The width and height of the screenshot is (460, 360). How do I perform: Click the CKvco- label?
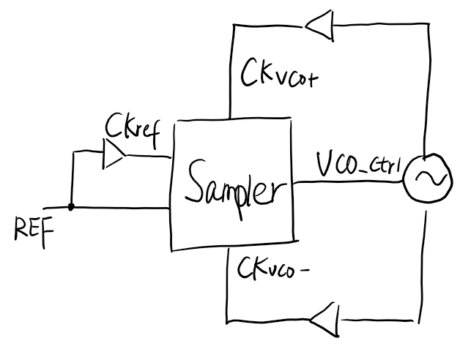coord(268,268)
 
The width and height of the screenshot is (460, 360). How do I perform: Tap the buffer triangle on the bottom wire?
coord(323,320)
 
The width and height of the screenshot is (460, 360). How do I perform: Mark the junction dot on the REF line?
coord(71,207)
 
